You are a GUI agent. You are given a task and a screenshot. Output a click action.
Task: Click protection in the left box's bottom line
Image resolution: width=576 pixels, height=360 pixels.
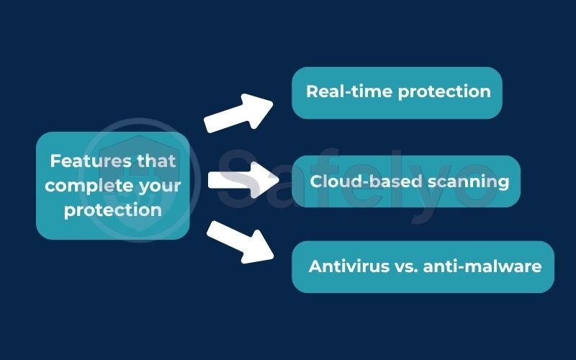[112, 210]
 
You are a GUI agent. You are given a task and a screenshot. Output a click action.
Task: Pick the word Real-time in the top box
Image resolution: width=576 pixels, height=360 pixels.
[346, 92]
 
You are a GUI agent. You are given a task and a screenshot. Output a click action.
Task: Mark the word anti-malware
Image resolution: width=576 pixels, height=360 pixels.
[482, 266]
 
